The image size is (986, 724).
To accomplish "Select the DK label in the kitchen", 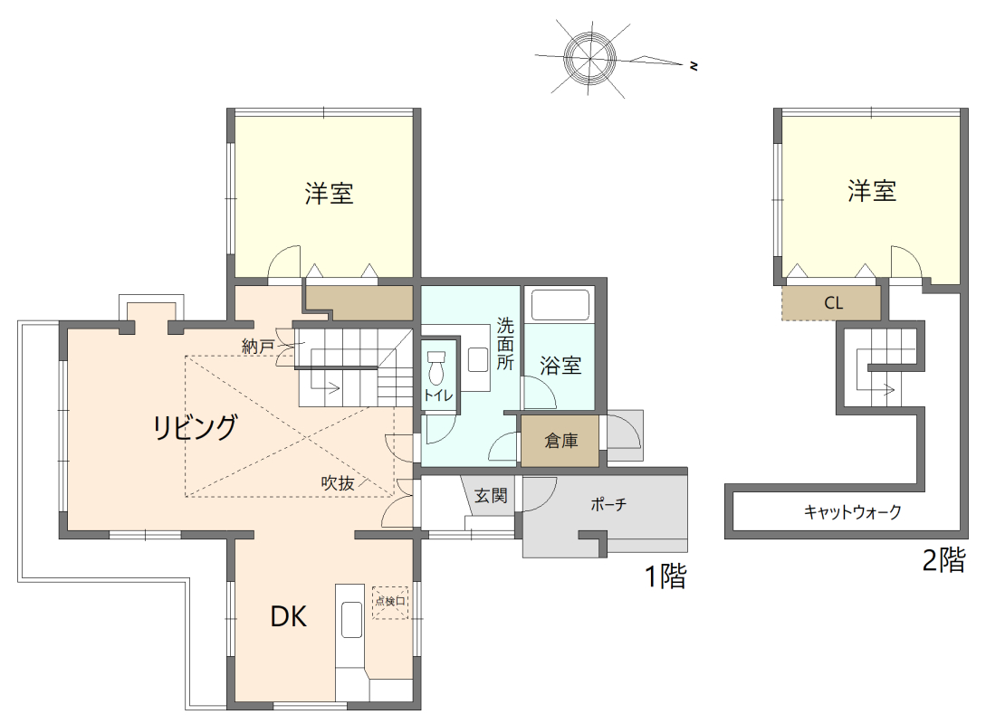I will click(x=289, y=617).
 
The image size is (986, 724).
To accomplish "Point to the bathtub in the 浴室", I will click(x=560, y=304).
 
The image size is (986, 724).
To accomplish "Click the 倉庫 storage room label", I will click(x=560, y=442).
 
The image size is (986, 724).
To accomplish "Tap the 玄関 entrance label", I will click(x=491, y=496).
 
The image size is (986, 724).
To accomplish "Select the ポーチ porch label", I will click(x=608, y=505).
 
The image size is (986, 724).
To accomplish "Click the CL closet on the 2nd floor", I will click(x=833, y=303).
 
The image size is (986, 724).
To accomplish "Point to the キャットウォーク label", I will click(x=852, y=512).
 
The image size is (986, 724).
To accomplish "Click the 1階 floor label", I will click(x=665, y=576).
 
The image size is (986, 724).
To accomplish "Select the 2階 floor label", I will click(x=943, y=560).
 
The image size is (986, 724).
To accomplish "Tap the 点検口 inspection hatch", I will click(x=390, y=602).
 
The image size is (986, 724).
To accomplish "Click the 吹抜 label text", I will click(x=337, y=483).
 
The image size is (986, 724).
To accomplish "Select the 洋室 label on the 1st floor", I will click(x=329, y=193).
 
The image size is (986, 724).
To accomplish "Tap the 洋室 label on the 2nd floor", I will click(x=872, y=191).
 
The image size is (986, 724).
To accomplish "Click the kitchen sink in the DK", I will click(x=350, y=621).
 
